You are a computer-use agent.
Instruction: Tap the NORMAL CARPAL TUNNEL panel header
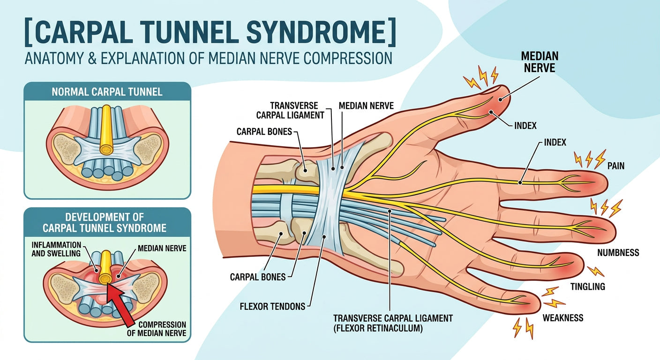click(107, 91)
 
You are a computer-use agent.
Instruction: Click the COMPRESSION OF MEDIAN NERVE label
click(157, 329)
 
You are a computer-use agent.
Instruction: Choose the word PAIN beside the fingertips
click(616, 166)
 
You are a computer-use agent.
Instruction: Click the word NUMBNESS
click(618, 253)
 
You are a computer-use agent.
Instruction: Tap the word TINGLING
click(587, 286)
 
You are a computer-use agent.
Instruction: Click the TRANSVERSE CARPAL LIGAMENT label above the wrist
click(297, 110)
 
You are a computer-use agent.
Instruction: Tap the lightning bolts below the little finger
click(523, 328)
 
